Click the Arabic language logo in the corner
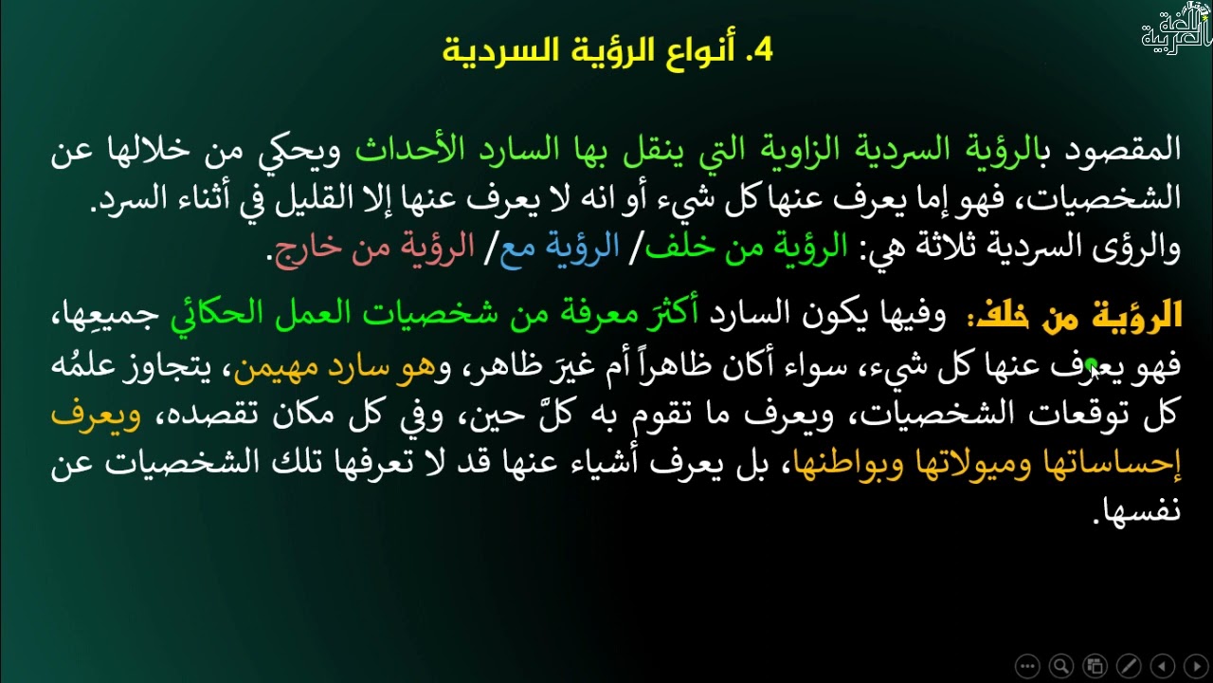1175,28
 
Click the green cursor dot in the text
1092,363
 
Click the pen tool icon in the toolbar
1129,666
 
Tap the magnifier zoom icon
1061,666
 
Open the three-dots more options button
1027,666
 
